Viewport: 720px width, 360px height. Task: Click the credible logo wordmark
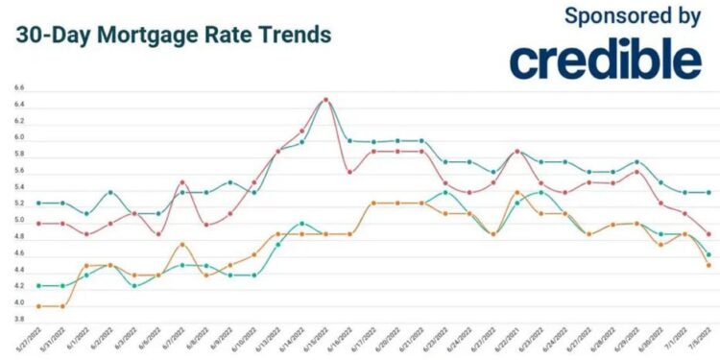coord(606,60)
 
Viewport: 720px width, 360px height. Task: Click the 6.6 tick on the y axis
coord(19,88)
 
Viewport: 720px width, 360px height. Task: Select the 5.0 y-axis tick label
coord(19,221)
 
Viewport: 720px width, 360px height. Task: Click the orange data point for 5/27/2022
coord(38,306)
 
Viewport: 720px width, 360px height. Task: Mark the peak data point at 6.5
coord(326,99)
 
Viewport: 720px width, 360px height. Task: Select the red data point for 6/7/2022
coord(182,182)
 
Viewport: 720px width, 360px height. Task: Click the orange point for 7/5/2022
coord(708,265)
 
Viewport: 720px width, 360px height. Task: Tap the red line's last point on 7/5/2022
coord(708,233)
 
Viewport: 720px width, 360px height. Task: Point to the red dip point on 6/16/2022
coord(349,172)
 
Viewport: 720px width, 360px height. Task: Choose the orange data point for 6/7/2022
coord(182,245)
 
